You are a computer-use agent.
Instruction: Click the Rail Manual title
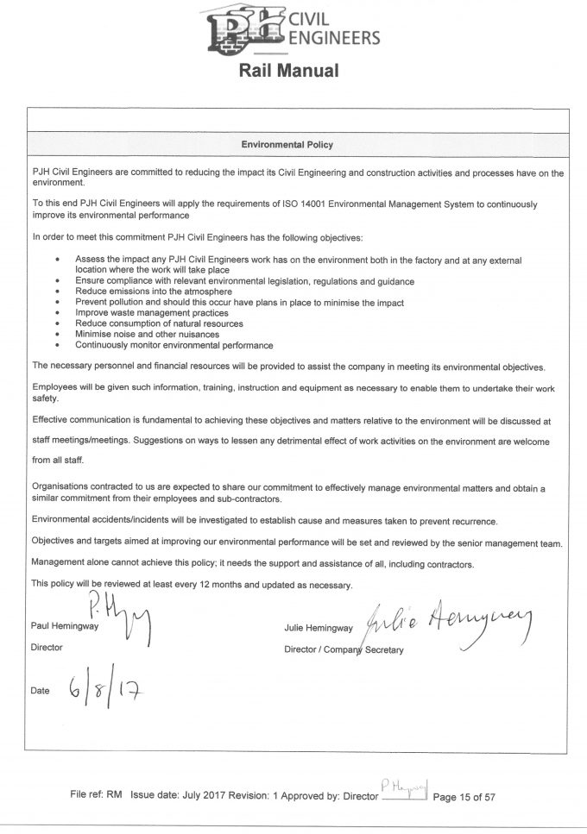click(x=288, y=71)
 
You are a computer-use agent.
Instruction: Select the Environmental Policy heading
click(x=287, y=145)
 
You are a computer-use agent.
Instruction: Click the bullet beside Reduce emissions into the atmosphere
click(x=57, y=292)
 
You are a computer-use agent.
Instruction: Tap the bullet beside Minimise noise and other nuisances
click(x=57, y=334)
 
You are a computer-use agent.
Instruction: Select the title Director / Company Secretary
click(x=343, y=649)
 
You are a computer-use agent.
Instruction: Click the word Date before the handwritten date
click(x=40, y=691)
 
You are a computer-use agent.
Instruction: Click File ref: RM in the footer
click(x=97, y=797)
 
